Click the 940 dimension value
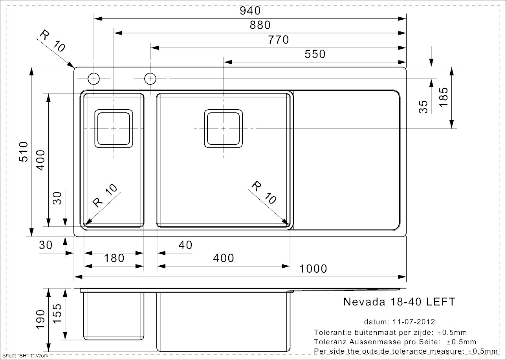250,11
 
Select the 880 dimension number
260,25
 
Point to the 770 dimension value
278,40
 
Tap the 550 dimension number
315,54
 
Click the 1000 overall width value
313,269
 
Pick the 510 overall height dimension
24,152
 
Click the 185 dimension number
444,97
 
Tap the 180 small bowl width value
114,258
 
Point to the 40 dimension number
185,245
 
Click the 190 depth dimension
40,320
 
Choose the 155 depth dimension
57,314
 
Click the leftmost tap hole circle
94,79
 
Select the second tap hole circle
150,79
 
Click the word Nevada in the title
364,302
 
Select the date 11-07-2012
414,321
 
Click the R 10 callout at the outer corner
52,41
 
